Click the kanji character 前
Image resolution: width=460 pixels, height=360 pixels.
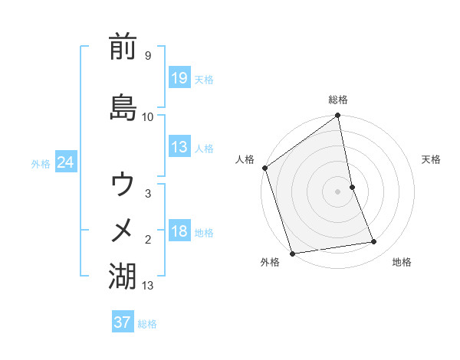[x=123, y=47]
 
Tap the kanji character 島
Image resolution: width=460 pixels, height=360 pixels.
[x=123, y=106]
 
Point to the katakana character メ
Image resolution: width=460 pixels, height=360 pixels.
[x=123, y=230]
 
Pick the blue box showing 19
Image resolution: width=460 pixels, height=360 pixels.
[x=179, y=77]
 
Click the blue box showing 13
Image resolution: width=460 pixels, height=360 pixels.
[x=179, y=148]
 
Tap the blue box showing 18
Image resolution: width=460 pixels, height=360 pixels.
[x=179, y=232]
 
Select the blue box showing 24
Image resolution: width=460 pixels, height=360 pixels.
[x=65, y=163]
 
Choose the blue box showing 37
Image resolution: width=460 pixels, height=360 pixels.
[x=122, y=322]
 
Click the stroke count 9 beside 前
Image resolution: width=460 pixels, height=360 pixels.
[x=147, y=56]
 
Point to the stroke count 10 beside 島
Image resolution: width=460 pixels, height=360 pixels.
[x=147, y=116]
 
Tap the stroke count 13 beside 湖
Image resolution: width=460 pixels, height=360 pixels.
[x=148, y=286]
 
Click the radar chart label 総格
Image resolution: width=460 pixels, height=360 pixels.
[x=338, y=100]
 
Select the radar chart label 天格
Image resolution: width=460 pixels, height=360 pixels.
[x=432, y=159]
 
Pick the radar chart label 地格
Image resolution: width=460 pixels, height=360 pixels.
[x=402, y=263]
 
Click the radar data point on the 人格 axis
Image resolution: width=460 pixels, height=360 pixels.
[x=265, y=168]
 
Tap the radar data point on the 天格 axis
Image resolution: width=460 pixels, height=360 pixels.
[x=352, y=187]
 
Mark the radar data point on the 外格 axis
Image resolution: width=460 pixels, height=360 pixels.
[x=292, y=253]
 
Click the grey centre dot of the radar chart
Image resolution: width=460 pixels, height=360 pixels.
[x=338, y=191]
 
